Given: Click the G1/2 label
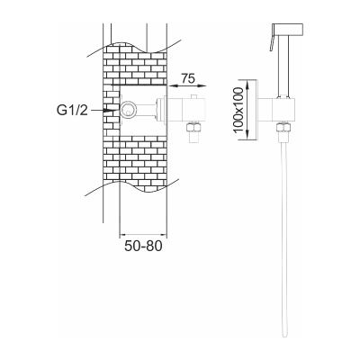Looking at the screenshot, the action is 72,111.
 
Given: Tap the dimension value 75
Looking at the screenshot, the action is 188,78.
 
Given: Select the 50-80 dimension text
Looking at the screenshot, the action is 143,246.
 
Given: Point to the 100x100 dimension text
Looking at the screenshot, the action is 238,110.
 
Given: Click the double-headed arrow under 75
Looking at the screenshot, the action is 187,85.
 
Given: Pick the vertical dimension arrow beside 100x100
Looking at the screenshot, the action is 247,110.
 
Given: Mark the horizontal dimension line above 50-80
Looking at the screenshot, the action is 143,234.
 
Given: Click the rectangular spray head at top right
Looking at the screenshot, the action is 288,29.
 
